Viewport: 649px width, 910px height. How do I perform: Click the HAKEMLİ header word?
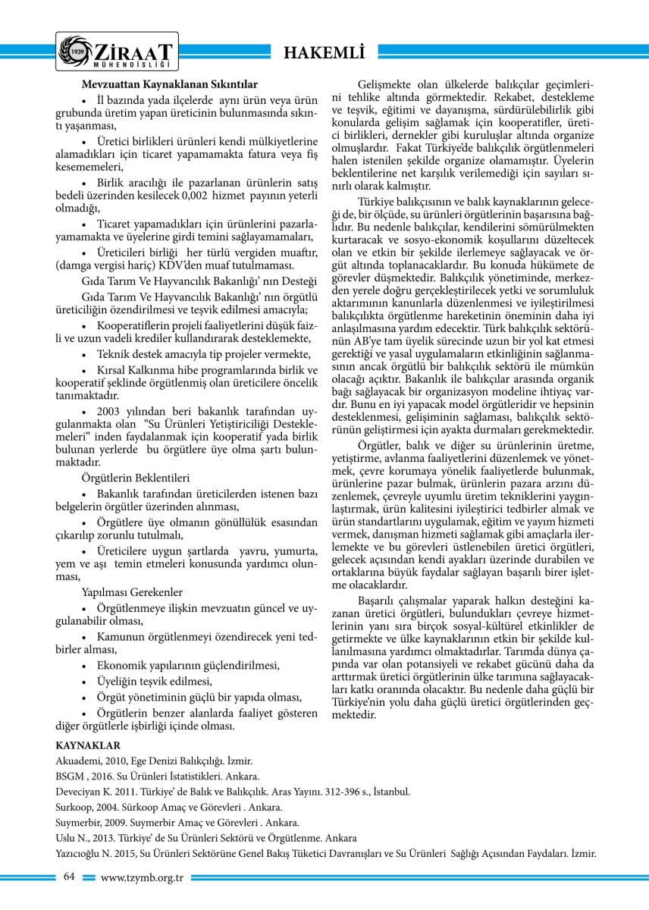click(x=324, y=52)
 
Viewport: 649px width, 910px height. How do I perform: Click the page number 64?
click(x=69, y=877)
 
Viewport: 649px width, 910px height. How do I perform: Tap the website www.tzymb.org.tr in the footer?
click(x=143, y=877)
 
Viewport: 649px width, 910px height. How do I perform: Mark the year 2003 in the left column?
click(x=111, y=409)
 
